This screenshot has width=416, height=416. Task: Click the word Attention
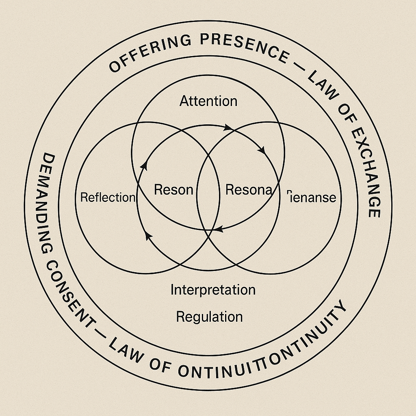click(x=208, y=101)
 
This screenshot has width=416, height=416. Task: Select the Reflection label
click(x=107, y=197)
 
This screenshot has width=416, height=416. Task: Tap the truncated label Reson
click(x=173, y=189)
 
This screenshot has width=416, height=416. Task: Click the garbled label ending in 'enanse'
click(x=312, y=197)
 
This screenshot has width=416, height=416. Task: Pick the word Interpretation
click(x=213, y=290)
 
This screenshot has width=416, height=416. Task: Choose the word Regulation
click(x=209, y=316)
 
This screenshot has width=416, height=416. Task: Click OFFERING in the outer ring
click(x=147, y=53)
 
